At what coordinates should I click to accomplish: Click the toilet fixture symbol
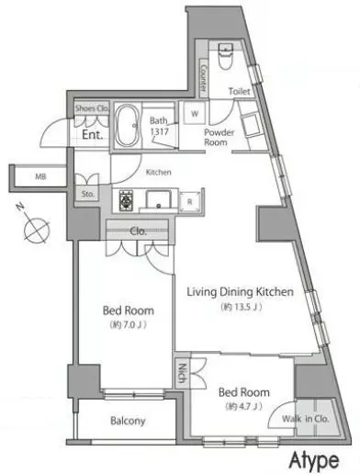[x=226, y=56]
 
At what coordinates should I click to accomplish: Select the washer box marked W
[x=195, y=114]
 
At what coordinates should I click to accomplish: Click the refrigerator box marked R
[x=190, y=201]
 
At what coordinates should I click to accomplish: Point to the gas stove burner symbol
[x=126, y=200]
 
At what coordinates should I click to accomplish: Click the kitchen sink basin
[x=158, y=199]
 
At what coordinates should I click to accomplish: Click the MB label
[x=40, y=176]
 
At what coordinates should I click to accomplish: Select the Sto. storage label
[x=88, y=194]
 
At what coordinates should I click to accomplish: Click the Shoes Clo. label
[x=92, y=108]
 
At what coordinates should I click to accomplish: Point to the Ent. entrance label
[x=92, y=135]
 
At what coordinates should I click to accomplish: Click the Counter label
[x=203, y=78]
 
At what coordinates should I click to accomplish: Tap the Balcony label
[x=128, y=421]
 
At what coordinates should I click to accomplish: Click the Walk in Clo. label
[x=306, y=419]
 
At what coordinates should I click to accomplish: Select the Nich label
[x=182, y=373]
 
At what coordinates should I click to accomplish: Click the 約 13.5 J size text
[x=242, y=307]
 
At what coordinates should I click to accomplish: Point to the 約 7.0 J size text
[x=129, y=324]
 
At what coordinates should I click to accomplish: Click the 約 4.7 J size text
[x=244, y=406]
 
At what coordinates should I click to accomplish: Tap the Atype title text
[x=314, y=460]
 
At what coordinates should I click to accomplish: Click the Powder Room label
[x=219, y=137]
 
